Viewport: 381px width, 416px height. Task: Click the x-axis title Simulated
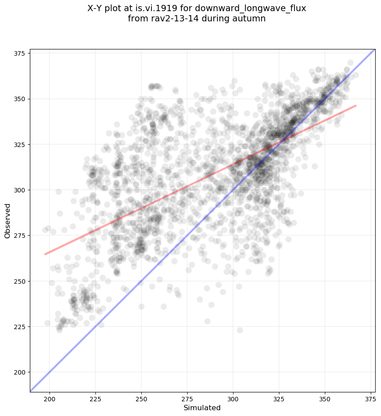tap(202, 408)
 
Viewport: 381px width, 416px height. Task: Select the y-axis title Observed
tap(8, 220)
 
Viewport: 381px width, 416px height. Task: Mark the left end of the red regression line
tap(45, 254)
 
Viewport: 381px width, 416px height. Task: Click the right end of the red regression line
tap(356, 106)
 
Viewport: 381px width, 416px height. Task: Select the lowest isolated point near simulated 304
tap(240, 330)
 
